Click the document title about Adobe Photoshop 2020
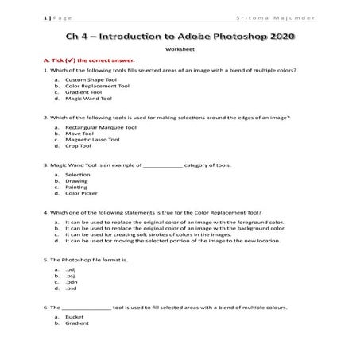pyautogui.click(x=179, y=37)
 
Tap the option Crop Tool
pyautogui.click(x=78, y=147)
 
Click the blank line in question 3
pyautogui.click(x=162, y=166)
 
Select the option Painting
pyautogui.click(x=77, y=187)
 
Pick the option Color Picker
pyautogui.click(x=81, y=193)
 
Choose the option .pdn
pyautogui.click(x=71, y=281)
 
